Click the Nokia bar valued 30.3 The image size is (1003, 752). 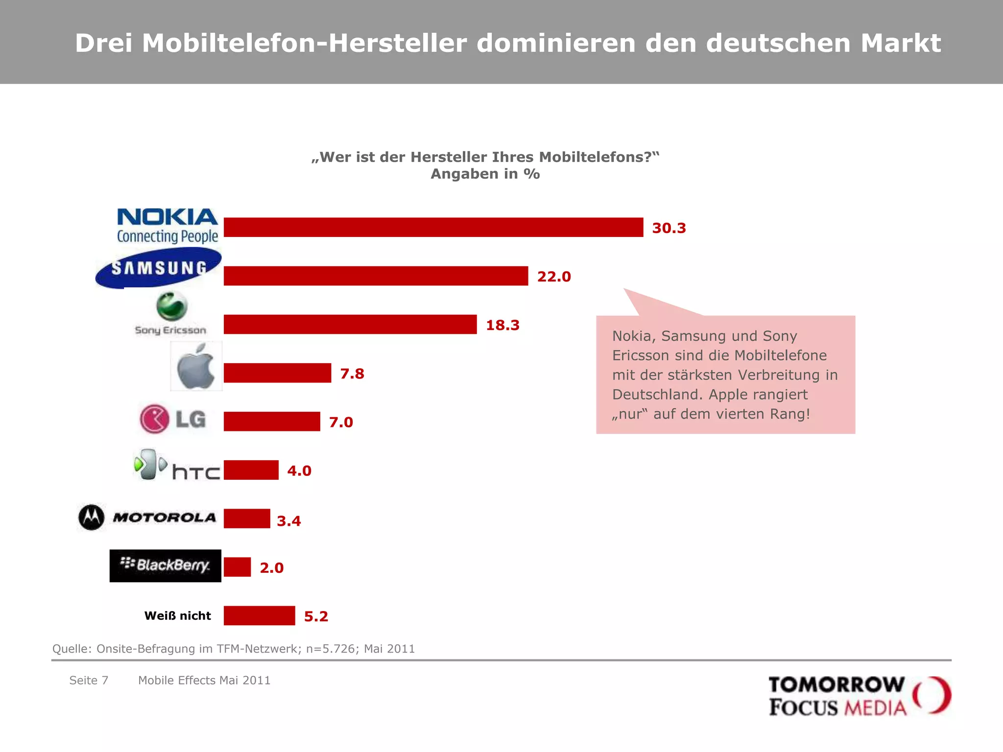pos(433,227)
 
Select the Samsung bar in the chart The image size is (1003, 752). pos(376,276)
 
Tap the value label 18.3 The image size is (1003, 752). pos(502,325)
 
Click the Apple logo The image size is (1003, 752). pos(196,367)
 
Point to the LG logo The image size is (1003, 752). pos(173,419)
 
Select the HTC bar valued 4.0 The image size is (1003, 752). pos(251,470)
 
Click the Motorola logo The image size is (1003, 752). pos(147,517)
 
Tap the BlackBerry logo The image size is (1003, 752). pos(166,565)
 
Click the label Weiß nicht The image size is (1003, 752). pos(177,616)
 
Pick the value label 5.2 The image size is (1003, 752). pos(316,616)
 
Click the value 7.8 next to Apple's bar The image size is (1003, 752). pos(352,374)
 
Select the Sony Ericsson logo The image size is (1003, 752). pos(171,314)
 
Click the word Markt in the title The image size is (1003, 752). pos(901,43)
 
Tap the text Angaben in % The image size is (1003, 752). pos(485,174)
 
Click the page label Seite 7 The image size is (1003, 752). pos(89,681)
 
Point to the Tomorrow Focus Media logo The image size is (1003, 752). pos(860,696)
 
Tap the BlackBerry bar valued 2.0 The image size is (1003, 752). pos(237,567)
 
